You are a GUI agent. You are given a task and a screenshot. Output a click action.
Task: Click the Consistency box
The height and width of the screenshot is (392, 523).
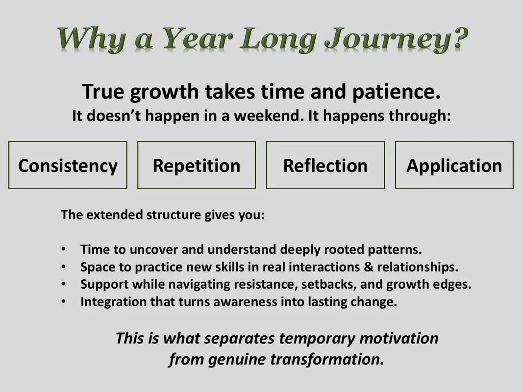[x=68, y=165]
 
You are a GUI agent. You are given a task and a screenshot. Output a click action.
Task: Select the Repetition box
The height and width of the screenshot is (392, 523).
[x=197, y=165]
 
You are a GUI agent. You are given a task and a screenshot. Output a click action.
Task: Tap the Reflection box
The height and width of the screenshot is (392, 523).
[x=325, y=165]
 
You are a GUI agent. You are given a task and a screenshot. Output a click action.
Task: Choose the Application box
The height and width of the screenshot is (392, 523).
[x=454, y=165]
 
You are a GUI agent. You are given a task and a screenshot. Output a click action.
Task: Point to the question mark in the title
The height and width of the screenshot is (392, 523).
[x=457, y=37]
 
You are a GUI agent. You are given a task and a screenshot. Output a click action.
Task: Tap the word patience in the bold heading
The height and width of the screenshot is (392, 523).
[x=396, y=92]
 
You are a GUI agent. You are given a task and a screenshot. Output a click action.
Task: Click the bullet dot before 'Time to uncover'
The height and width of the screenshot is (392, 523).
[x=63, y=249]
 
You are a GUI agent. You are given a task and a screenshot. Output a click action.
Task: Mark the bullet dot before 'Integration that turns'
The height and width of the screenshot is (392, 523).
[x=63, y=302]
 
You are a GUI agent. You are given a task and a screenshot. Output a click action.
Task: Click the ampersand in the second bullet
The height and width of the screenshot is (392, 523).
[x=368, y=267]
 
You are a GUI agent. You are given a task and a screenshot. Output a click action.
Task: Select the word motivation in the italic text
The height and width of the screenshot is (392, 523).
[x=399, y=338]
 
